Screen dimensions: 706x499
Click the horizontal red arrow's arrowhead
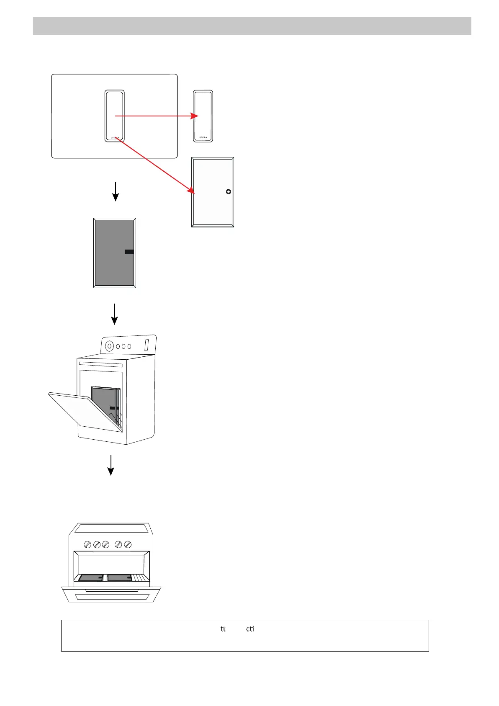tap(195, 116)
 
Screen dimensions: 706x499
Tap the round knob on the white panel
tap(228, 192)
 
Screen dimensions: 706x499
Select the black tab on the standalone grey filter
tap(129, 252)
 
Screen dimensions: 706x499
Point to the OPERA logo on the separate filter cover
tap(203, 137)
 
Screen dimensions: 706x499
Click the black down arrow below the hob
tap(116, 192)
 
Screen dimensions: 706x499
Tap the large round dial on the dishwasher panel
tap(110, 346)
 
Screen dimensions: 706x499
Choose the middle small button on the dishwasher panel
tap(124, 346)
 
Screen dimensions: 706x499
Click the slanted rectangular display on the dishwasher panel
tap(147, 345)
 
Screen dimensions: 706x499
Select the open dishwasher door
tap(84, 410)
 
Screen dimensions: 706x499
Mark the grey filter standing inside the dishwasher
tap(105, 404)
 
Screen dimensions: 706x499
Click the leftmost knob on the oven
tap(87, 544)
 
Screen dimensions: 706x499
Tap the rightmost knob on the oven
tap(128, 544)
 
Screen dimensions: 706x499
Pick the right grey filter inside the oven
tap(120, 578)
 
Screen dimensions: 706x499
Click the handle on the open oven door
tap(111, 590)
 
